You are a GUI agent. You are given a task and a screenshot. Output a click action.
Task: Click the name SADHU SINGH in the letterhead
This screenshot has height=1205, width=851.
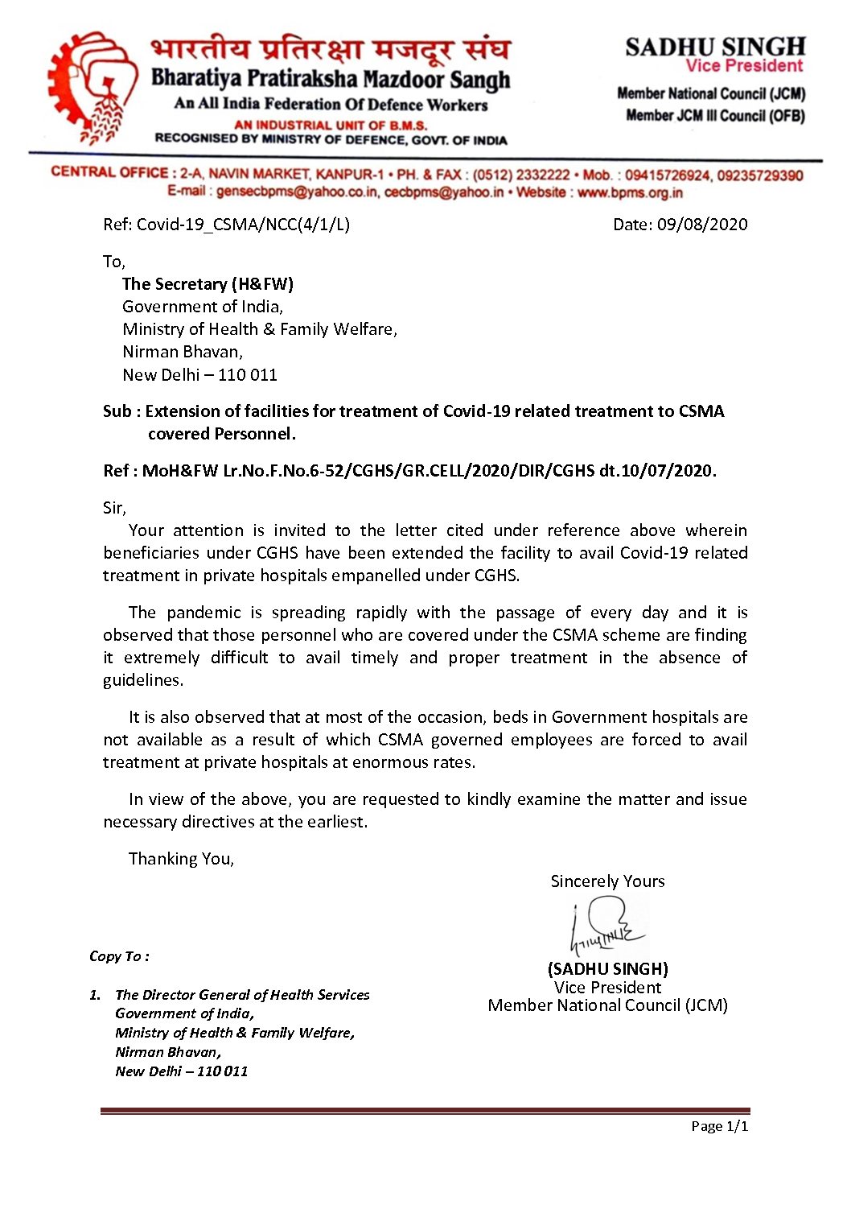(715, 47)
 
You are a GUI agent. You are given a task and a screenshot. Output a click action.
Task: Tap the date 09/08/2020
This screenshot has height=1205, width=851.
(702, 225)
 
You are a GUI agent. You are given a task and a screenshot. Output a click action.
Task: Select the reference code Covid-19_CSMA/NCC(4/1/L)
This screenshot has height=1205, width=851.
(243, 225)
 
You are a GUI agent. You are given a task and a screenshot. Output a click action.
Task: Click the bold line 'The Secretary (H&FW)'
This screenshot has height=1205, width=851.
(208, 284)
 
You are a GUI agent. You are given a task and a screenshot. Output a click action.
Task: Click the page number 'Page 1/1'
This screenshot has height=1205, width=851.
(719, 1126)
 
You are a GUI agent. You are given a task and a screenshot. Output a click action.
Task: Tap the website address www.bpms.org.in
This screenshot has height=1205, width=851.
(630, 193)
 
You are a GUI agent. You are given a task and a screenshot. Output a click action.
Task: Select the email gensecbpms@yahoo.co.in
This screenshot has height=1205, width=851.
(297, 192)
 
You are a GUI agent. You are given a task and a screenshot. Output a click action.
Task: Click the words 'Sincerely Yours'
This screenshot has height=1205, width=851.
(607, 881)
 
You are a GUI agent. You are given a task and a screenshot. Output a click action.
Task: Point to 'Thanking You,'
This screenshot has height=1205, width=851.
(181, 859)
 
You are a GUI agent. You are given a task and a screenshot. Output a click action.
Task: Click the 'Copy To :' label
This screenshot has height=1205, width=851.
(119, 956)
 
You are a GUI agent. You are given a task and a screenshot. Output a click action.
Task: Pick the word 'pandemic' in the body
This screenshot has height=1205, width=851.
(203, 613)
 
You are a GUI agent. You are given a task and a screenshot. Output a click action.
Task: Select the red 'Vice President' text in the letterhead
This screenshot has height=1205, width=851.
(744, 67)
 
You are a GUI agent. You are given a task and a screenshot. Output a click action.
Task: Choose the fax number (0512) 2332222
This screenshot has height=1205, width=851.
(520, 175)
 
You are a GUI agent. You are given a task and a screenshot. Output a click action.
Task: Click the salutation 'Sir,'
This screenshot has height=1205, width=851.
(114, 508)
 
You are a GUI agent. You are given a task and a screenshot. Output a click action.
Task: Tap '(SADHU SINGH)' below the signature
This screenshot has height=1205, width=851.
(607, 969)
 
